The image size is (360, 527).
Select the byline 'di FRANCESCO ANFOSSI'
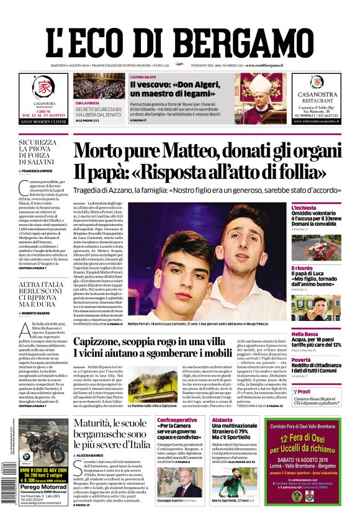[42, 170]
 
